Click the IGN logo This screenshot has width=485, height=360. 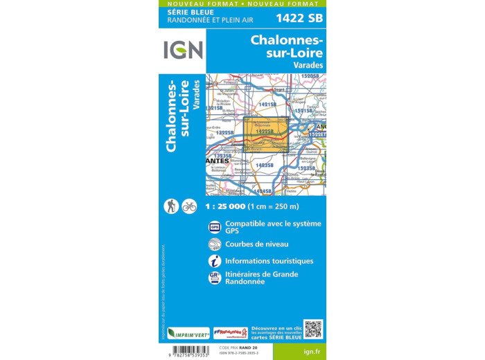(183, 50)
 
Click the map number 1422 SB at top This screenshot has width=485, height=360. (299, 17)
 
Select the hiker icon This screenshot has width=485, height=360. (171, 206)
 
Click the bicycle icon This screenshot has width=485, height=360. (189, 206)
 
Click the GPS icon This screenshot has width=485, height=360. (215, 227)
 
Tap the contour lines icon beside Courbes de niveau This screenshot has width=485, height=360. (215, 244)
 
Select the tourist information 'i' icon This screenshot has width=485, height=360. (215, 261)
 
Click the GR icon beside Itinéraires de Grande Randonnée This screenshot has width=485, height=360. (215, 278)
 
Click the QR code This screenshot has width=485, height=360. (313, 330)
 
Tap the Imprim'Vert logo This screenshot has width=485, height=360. (188, 333)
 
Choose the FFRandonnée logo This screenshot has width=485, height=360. (231, 333)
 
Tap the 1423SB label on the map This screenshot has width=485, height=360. (265, 165)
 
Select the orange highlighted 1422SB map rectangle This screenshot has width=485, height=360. (266, 134)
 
